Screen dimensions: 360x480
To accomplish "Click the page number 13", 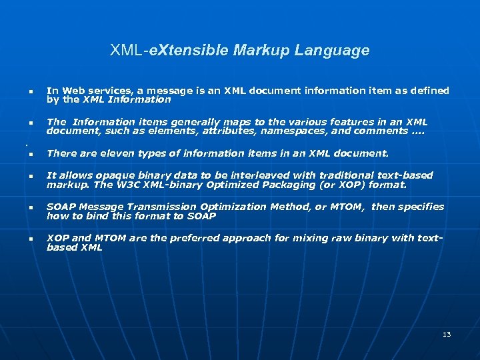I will pos(447,334).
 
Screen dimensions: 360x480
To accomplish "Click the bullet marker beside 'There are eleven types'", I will pos(31,155).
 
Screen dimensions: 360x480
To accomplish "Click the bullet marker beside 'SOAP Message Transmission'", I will pos(31,208).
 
